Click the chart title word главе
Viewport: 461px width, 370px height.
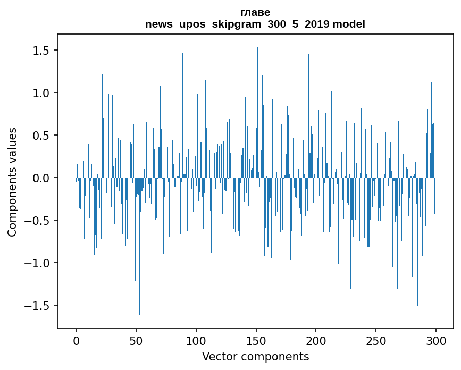255,12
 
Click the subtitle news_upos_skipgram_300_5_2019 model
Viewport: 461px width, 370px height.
255,24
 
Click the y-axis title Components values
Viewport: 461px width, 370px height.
12,182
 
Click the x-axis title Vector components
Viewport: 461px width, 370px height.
255,356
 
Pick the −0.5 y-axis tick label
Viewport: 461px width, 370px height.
38,221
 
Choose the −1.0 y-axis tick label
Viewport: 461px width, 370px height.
38,263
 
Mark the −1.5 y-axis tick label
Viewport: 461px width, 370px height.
38,306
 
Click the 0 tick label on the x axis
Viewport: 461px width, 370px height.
76,340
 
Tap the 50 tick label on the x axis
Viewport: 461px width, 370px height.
136,340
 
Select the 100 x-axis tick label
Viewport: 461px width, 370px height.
196,340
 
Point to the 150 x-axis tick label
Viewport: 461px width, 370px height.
256,340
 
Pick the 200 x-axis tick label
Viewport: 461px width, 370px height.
316,340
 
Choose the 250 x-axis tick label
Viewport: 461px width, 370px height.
376,340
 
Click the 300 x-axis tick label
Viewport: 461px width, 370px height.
436,340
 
